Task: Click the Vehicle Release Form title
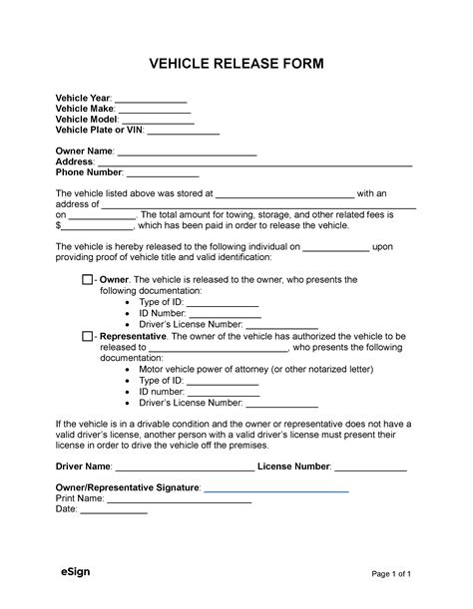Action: [x=236, y=64]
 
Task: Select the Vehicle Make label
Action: [x=85, y=111]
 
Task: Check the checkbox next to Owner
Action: [x=87, y=281]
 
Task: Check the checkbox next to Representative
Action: [x=87, y=337]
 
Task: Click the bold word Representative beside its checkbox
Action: [x=132, y=337]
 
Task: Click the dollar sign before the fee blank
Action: [x=59, y=226]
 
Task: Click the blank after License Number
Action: [x=370, y=467]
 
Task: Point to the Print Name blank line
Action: [x=179, y=500]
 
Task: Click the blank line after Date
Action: [x=113, y=510]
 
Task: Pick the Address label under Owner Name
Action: [x=74, y=162]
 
